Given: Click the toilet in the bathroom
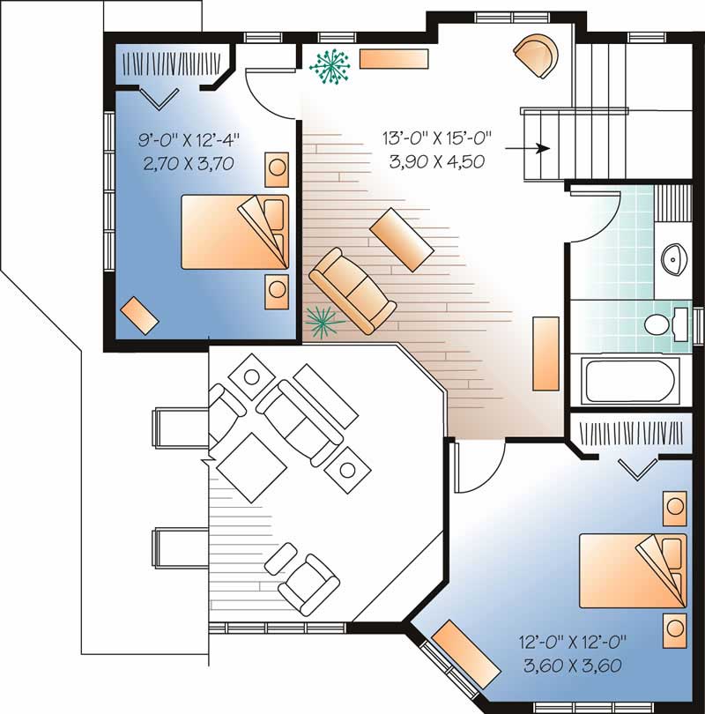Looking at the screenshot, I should [663, 324].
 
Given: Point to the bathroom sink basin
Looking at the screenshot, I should [674, 259].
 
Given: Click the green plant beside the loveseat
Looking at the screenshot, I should [323, 321].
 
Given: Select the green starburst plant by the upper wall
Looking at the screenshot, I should [330, 66].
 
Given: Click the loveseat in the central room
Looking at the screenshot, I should [351, 291].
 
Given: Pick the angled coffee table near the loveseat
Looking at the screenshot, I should [402, 241].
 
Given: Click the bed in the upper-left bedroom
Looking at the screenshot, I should [234, 232].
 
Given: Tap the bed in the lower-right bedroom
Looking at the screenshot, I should [631, 572].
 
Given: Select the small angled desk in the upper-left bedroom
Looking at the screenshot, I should [138, 314].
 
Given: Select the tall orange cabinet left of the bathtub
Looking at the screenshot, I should [546, 353].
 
